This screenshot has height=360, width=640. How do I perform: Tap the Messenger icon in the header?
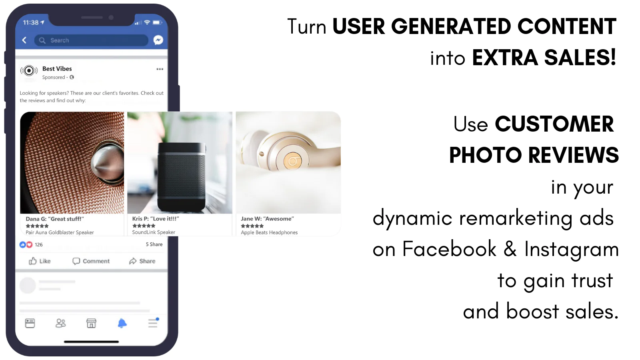pos(158,40)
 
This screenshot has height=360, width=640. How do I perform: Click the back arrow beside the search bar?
pos(24,40)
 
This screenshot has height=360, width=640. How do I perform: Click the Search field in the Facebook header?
pos(91,40)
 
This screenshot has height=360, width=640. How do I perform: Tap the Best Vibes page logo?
pos(29,70)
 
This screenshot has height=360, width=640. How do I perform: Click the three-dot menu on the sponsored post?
pos(160,69)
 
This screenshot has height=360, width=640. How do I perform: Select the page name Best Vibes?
pos(57,68)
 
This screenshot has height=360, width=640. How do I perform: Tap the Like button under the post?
pos(40,261)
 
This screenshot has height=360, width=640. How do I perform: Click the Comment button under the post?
pos(91,261)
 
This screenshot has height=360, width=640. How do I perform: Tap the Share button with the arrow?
pos(142,261)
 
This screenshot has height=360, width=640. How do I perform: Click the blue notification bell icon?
pos(122,323)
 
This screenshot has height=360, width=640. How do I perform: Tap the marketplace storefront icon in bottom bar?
pos(92,323)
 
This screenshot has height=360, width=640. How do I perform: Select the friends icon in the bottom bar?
pos(60,323)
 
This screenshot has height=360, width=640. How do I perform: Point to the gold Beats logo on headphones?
pos(292,161)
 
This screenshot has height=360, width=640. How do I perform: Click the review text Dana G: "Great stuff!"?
pos(55,219)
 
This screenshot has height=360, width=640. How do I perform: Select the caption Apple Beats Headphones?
pos(269,232)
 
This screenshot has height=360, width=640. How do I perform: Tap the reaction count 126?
pos(38,244)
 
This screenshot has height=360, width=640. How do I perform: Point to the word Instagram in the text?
pos(572,249)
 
